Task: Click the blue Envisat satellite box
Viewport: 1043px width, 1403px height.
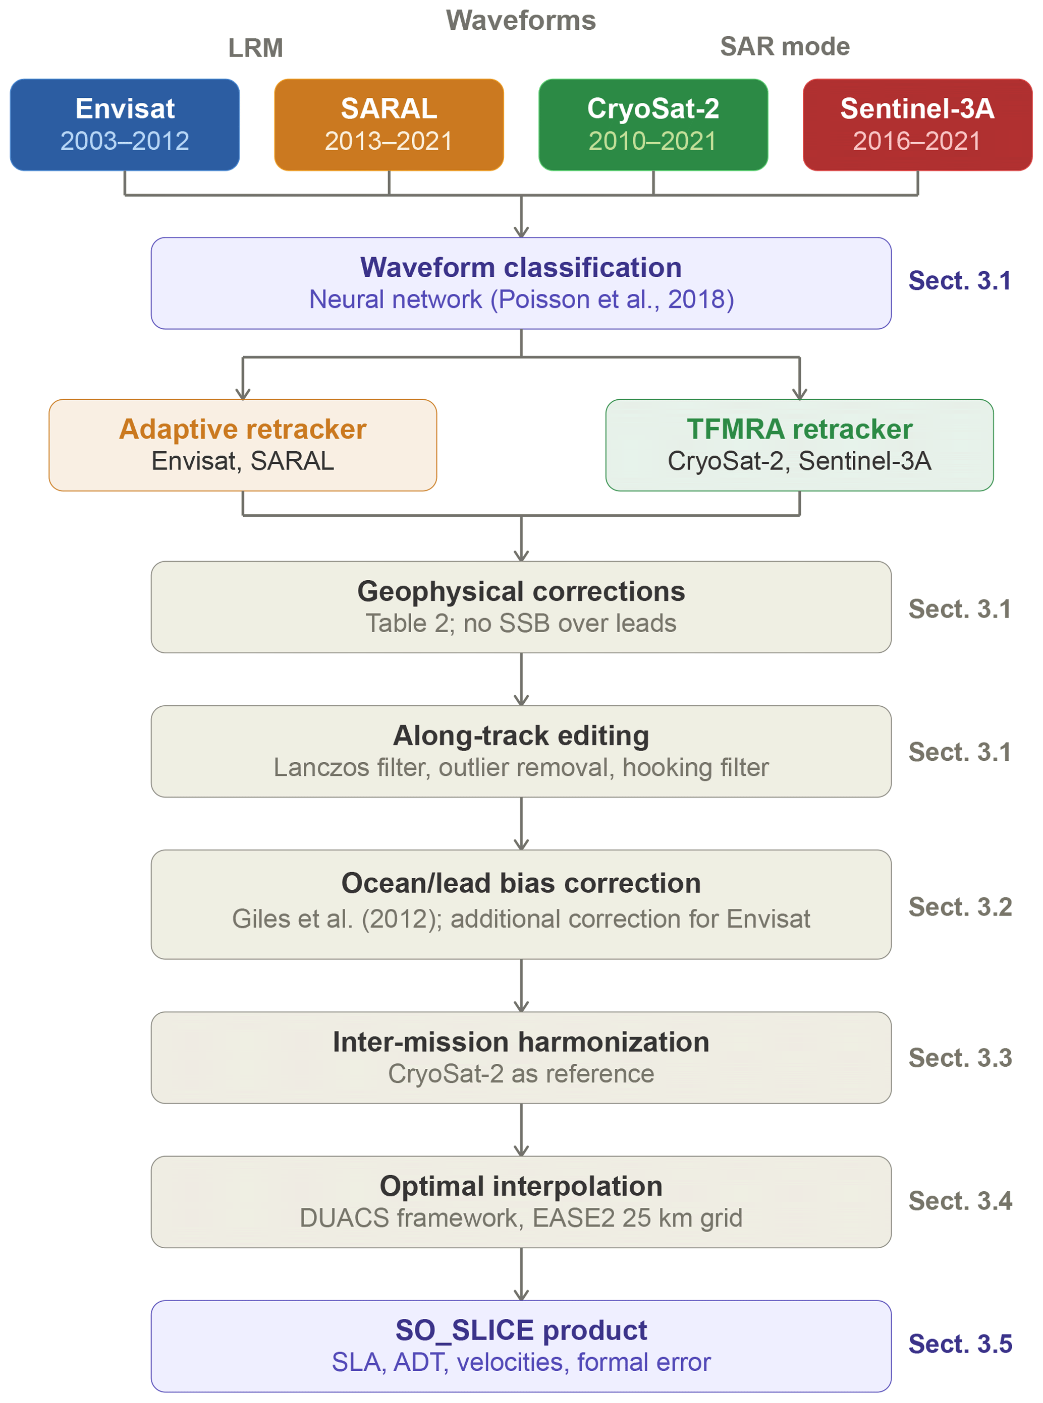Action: (125, 125)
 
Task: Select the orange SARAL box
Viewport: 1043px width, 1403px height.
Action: (389, 125)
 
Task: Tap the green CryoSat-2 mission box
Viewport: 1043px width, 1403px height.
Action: (653, 125)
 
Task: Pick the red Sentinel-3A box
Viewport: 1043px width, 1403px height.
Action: (917, 125)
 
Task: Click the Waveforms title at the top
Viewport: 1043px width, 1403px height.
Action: (521, 20)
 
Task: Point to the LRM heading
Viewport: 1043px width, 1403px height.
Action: (256, 48)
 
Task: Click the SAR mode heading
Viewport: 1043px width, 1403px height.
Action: (785, 47)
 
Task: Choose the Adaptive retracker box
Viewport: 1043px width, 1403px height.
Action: (243, 445)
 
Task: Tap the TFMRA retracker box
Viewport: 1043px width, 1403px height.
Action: (800, 445)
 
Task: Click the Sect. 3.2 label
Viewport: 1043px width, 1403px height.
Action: (960, 907)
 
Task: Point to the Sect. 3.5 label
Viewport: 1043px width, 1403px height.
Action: (960, 1345)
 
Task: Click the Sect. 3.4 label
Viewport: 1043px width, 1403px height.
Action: (960, 1201)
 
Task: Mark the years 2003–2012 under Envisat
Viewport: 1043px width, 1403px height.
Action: (125, 141)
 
